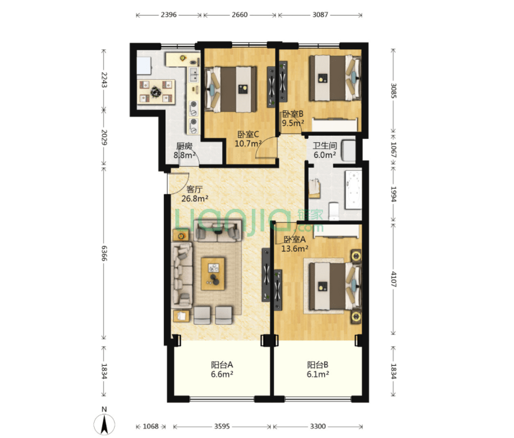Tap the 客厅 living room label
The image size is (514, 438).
(194, 189)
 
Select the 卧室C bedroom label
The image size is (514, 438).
(248, 134)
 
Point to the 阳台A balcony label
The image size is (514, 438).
(222, 365)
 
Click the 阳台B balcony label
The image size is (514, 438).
(318, 365)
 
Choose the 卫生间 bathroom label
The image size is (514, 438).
(324, 145)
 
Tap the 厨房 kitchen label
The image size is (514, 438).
(184, 146)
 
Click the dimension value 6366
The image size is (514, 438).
(104, 253)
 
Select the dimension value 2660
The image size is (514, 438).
(240, 15)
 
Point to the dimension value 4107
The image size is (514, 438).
(393, 279)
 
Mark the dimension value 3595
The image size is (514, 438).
(222, 426)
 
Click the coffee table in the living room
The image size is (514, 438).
(213, 274)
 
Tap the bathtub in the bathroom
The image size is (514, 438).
(353, 189)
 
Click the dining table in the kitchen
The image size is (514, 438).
(156, 91)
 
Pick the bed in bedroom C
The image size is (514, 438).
(231, 89)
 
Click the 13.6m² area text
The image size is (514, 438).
(295, 249)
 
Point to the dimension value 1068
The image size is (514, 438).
(151, 426)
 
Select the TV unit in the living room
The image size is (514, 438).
(266, 275)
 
